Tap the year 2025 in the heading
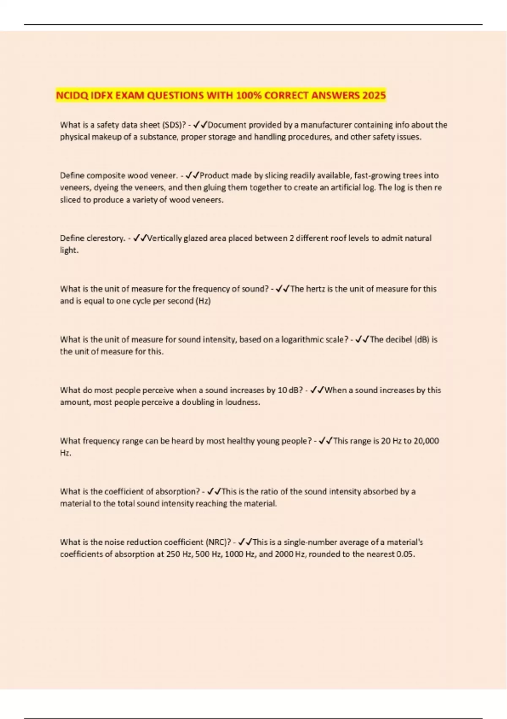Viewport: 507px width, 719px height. (x=373, y=96)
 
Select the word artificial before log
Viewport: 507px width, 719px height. (x=346, y=188)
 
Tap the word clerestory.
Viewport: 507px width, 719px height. (x=106, y=239)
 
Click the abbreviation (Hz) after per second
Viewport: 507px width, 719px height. (x=203, y=301)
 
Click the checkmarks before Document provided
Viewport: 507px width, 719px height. (x=199, y=125)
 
